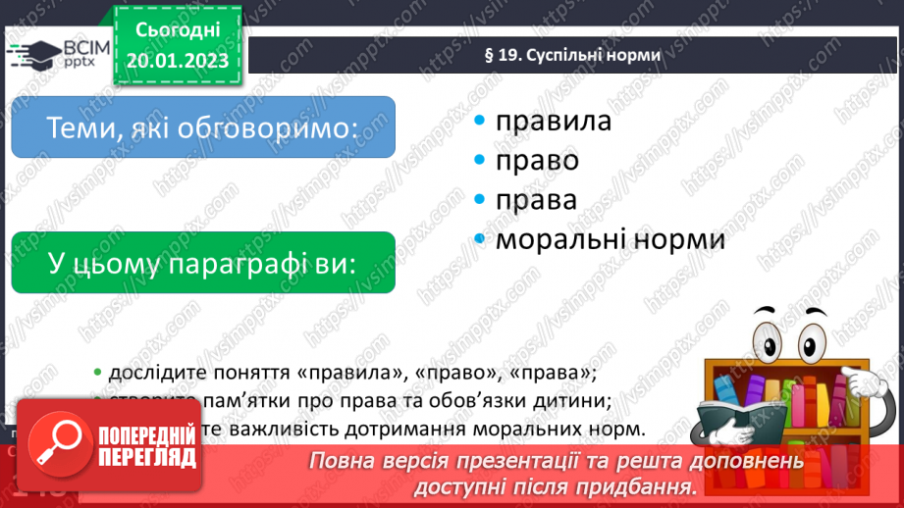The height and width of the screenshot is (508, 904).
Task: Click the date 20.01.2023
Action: point(178,60)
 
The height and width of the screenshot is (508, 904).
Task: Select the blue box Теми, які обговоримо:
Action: point(203,127)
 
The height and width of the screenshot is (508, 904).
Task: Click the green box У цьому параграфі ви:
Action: point(203,263)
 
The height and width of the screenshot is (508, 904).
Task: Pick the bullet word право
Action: point(537,160)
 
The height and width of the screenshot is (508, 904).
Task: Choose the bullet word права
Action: point(536,199)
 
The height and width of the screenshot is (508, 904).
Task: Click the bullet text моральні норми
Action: point(610,238)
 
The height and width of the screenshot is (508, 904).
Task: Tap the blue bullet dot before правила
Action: point(479,121)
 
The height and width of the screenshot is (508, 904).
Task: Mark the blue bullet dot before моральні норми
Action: point(479,238)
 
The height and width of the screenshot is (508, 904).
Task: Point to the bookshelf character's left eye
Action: point(769,338)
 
